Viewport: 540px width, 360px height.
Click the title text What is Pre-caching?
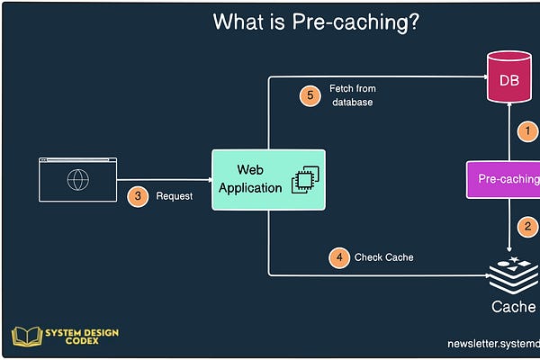point(315,22)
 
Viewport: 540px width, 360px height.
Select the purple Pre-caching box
point(505,179)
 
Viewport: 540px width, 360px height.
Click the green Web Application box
point(268,179)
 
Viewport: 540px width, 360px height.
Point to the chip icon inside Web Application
point(307,180)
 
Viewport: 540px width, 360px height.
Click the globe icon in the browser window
point(77,179)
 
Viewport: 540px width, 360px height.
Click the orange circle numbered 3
point(137,195)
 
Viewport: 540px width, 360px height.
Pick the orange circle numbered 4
point(338,257)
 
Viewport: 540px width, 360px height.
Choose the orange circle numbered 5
point(310,95)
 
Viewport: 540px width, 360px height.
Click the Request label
point(174,196)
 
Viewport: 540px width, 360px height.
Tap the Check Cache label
point(383,257)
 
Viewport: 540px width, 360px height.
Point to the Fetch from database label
point(352,95)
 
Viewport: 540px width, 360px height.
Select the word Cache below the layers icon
point(514,307)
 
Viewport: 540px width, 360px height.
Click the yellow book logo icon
point(26,337)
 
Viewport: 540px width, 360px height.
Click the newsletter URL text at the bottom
point(493,344)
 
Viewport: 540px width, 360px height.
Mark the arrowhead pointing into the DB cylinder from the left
point(481,78)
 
